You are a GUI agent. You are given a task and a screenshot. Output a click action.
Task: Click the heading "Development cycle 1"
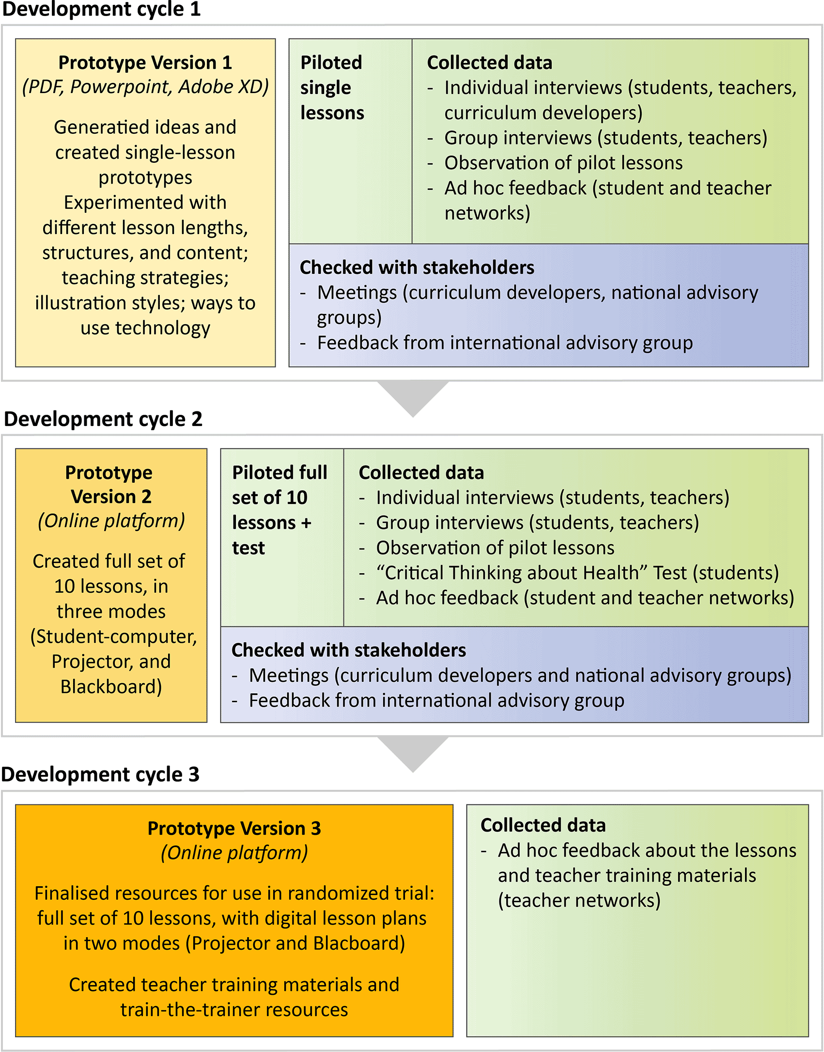[102, 10]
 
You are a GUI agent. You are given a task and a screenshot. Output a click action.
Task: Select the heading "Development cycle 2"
[103, 419]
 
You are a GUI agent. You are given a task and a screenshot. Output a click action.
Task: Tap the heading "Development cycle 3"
[100, 774]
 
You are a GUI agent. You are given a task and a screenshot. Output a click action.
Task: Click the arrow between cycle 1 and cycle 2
[413, 398]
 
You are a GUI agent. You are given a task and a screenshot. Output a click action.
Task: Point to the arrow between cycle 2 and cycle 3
[413, 754]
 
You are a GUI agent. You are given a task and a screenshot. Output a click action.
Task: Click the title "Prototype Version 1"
[145, 63]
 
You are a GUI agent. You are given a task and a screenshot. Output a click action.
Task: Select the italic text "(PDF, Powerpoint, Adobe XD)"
[145, 87]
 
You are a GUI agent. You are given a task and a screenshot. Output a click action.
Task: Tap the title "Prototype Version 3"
[234, 829]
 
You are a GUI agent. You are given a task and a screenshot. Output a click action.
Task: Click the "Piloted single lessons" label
[332, 88]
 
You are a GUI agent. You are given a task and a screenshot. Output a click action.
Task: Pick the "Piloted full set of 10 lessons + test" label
[280, 510]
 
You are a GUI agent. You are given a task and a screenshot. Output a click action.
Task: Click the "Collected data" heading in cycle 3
[543, 825]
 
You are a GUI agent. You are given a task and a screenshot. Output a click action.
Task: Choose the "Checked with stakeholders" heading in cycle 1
[417, 267]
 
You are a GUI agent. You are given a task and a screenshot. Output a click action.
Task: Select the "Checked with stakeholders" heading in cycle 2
[349, 650]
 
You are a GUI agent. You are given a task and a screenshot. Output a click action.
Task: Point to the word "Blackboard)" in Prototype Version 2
[111, 687]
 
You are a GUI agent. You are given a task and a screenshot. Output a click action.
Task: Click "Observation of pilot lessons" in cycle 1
[564, 163]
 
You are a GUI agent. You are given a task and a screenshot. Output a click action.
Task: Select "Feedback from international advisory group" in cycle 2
[436, 701]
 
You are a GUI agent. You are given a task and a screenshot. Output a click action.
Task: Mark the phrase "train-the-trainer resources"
[234, 1010]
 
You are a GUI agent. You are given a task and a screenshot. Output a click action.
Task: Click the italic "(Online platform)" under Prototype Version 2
[111, 521]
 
